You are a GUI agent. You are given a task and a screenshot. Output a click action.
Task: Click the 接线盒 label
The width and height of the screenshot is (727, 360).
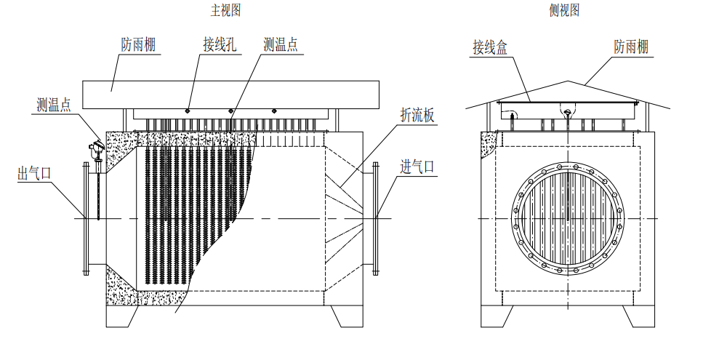489,48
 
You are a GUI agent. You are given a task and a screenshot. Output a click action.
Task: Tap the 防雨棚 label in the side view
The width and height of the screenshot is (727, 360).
631,48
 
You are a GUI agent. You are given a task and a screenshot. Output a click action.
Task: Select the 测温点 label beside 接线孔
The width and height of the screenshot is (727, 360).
281,44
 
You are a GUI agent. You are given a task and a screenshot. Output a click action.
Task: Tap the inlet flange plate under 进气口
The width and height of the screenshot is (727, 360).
376,218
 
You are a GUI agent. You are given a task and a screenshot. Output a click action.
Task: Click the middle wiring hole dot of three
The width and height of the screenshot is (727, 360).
231,111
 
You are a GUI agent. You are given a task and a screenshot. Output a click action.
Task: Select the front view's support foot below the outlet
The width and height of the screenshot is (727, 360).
122,315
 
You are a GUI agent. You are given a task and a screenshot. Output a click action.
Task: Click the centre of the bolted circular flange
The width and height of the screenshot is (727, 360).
569,219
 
